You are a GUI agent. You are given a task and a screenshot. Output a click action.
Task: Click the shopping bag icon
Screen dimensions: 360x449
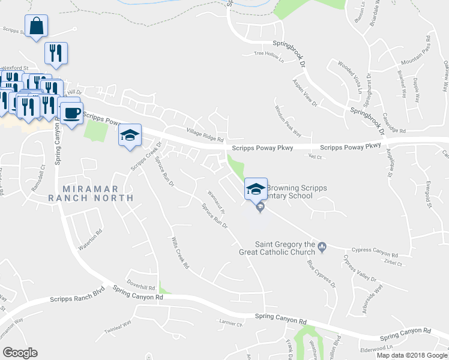(x=36, y=26)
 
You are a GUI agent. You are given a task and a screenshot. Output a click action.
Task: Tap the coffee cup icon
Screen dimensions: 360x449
(x=72, y=112)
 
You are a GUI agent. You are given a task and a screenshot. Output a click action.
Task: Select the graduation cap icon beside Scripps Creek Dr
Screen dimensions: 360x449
(x=130, y=136)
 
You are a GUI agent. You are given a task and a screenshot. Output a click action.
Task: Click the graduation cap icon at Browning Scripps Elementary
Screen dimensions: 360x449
(x=256, y=189)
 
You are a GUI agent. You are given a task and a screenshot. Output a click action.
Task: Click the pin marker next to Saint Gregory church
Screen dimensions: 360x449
(x=322, y=245)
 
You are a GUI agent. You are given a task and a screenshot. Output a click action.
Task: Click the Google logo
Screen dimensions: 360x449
(x=20, y=353)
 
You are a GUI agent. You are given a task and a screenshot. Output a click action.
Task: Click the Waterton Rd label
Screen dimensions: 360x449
(x=90, y=239)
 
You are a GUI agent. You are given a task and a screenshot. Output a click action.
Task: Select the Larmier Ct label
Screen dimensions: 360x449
(x=231, y=324)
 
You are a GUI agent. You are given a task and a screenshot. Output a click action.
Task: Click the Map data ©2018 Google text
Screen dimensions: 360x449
(x=412, y=355)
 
